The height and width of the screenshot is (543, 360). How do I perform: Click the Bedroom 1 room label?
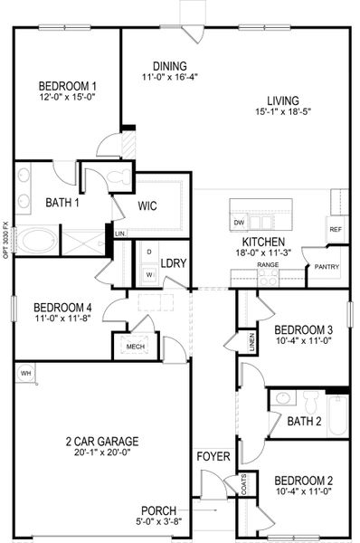67,87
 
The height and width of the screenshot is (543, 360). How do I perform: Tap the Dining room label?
169,66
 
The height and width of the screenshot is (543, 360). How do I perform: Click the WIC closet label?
147,205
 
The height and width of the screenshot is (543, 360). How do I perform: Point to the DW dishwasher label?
240,223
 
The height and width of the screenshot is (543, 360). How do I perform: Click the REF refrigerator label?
335,230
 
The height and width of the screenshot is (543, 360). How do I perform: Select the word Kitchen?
264,243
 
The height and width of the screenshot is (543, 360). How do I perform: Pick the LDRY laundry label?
173,263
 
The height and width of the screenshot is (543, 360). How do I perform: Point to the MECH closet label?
136,346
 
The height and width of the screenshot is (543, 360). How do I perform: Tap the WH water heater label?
25,373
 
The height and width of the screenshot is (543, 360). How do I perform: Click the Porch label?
158,511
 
